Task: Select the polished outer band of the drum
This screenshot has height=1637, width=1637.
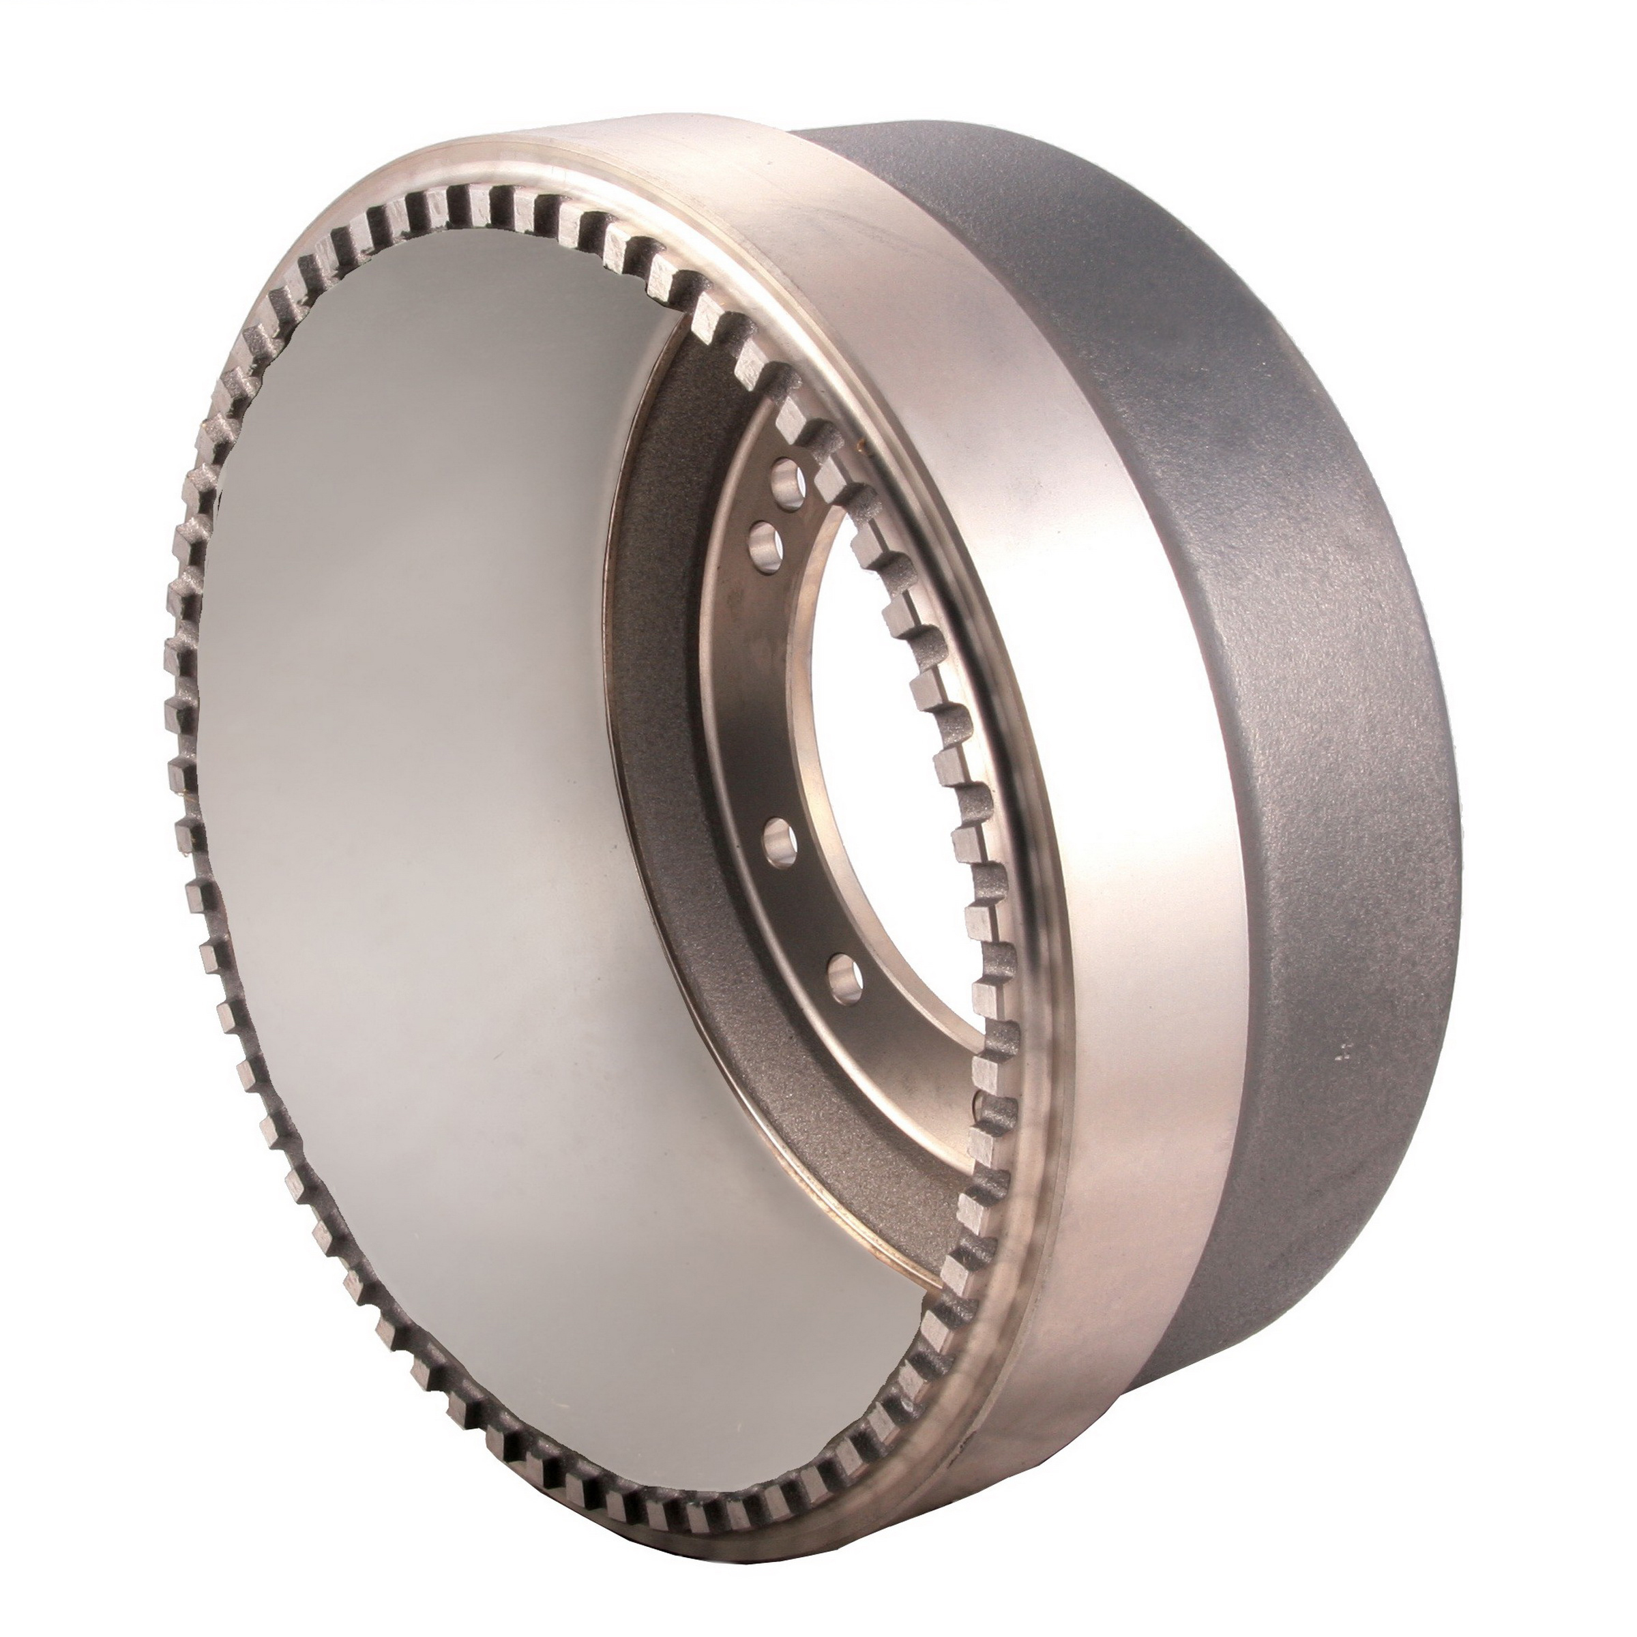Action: (1102, 763)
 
